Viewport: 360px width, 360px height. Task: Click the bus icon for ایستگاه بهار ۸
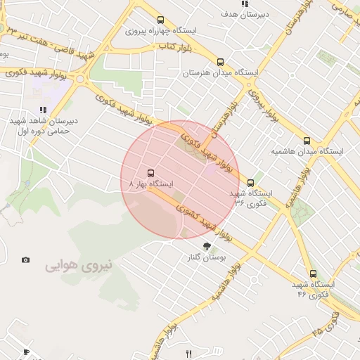150,172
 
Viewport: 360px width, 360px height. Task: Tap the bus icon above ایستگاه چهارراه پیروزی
161,20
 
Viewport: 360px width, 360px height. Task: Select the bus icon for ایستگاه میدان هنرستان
221,61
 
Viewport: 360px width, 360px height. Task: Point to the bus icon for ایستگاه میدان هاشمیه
307,141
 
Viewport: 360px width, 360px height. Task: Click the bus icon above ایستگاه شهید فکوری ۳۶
251,184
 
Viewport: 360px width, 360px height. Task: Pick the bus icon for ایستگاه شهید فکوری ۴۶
313,274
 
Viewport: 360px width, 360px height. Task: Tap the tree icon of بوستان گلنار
207,246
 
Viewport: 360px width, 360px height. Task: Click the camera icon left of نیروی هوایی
26,260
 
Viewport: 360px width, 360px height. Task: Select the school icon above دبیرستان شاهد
44,110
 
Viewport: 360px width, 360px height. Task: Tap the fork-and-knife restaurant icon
188,354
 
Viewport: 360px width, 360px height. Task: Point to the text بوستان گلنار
207,258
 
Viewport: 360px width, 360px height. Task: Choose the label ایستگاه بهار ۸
150,184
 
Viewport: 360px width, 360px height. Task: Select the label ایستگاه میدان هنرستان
221,72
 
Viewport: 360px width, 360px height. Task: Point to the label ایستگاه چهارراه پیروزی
161,32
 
